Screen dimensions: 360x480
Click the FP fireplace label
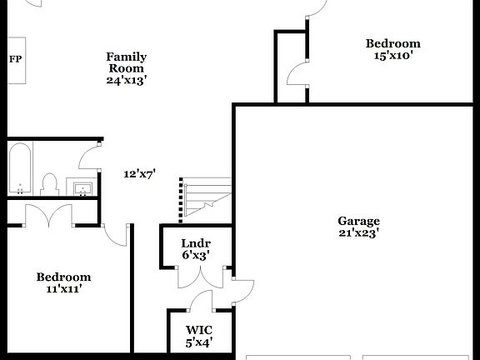15,59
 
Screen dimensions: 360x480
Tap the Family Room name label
126,62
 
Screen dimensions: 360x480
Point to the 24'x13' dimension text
126,81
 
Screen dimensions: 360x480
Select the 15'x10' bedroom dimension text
392,56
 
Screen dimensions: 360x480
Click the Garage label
358,221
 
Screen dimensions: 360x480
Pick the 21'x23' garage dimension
358,233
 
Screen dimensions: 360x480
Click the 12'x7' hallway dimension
139,174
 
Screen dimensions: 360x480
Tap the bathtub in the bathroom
20,167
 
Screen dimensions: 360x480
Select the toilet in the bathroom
49,183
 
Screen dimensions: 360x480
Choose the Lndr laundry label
194,243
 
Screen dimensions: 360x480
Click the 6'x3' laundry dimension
194,255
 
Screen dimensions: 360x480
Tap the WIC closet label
198,329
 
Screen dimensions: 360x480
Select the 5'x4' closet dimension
198,342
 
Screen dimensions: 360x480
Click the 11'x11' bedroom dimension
63,289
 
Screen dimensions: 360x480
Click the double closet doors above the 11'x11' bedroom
49,216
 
